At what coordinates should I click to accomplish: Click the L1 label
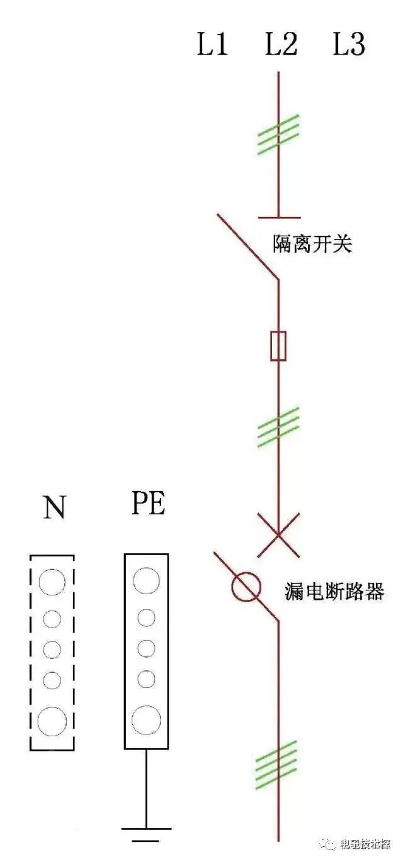212,45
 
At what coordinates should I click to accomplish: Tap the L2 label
281,45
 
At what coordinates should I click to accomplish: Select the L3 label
349,45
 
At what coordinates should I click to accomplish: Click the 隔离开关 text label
312,243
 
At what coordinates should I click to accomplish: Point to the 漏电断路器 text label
334,592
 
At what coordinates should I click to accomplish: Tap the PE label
149,504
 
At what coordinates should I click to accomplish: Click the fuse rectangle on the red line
278,346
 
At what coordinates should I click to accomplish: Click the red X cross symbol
278,535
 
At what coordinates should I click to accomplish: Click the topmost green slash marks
278,135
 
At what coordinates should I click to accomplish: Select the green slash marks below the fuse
278,427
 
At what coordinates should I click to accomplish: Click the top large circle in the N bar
52,582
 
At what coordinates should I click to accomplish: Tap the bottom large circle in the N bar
52,721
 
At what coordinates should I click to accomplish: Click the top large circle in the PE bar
146,580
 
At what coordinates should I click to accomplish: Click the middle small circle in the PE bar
146,648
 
